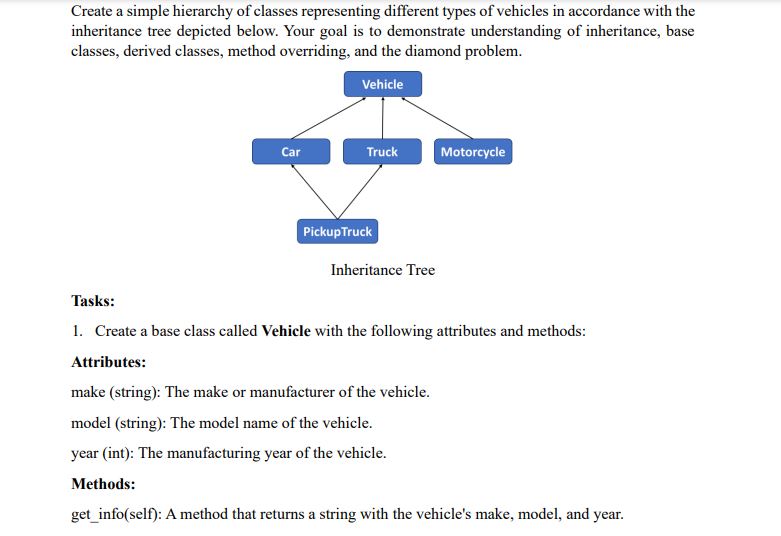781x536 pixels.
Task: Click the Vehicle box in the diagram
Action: (382, 84)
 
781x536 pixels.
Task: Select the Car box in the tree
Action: (290, 152)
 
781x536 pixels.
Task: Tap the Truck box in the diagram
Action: (382, 152)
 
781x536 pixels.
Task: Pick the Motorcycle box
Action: (473, 152)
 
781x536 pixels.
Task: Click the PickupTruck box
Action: (337, 231)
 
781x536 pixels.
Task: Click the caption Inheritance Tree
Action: (383, 270)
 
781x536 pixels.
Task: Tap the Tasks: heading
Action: (93, 301)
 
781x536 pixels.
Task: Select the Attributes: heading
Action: (109, 362)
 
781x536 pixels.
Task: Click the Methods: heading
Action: (103, 484)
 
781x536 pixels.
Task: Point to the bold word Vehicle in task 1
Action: (286, 331)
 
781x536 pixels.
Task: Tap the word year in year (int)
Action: (85, 453)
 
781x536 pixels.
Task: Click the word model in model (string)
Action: (90, 422)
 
